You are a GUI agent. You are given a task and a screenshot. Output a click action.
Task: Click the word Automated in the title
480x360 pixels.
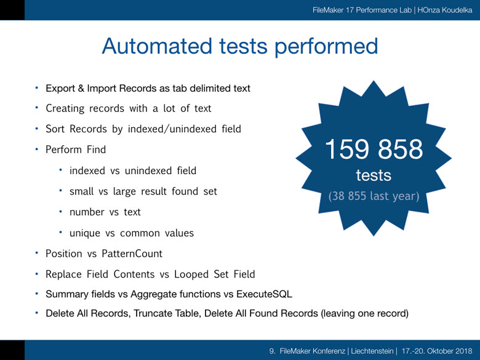[157, 46]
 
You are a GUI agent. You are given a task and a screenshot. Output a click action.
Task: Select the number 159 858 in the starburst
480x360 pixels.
[374, 149]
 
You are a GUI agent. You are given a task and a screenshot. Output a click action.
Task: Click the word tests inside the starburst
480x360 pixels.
[374, 175]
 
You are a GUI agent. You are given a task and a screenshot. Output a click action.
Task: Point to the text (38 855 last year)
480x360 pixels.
[374, 196]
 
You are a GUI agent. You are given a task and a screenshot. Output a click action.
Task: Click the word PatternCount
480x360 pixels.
[132, 254]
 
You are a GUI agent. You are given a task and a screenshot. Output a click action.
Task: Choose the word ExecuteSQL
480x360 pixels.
[264, 294]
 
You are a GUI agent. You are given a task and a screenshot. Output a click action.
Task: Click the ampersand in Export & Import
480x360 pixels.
[81, 89]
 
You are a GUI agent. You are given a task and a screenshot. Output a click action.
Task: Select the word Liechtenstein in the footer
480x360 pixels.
[372, 351]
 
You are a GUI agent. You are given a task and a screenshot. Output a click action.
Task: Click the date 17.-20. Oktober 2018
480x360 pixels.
[437, 351]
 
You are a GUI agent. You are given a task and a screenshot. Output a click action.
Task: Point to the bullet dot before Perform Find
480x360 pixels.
[36, 149]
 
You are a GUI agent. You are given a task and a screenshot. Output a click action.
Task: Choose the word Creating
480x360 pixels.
[65, 109]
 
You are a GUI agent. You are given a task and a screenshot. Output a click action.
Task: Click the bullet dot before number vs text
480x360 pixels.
[60, 212]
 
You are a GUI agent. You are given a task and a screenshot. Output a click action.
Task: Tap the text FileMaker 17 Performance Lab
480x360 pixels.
[362, 10]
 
